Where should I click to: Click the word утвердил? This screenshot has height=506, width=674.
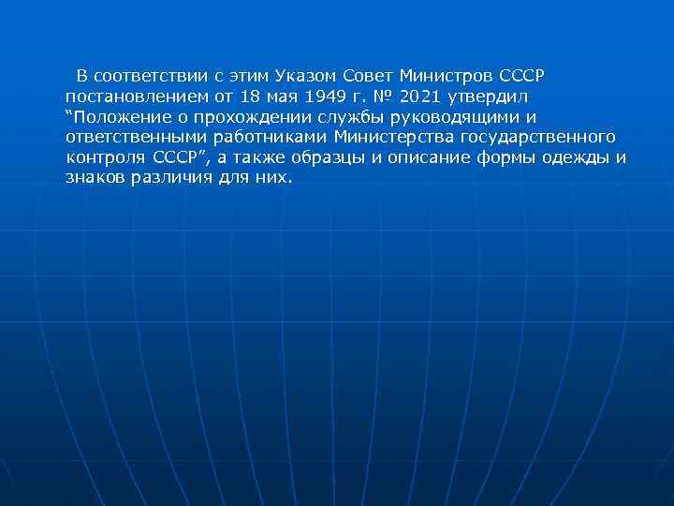tap(490, 96)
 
